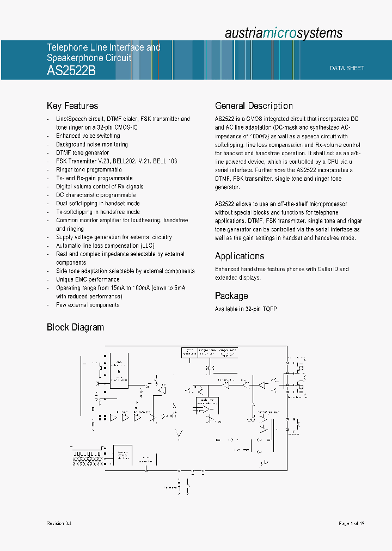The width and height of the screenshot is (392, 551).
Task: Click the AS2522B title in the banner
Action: (x=71, y=71)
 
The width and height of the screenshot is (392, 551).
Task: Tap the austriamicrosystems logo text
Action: (x=284, y=33)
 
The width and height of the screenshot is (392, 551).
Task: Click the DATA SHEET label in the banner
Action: (x=347, y=68)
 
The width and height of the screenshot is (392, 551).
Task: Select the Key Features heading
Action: (x=72, y=106)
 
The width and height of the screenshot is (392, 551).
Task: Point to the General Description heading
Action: (x=254, y=106)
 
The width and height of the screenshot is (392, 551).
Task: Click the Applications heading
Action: (x=240, y=256)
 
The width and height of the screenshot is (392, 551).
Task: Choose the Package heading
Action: (x=231, y=296)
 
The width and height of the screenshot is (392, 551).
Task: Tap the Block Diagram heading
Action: (x=75, y=327)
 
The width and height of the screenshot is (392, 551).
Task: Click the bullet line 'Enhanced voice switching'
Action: (x=88, y=136)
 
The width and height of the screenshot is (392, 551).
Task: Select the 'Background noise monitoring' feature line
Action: (x=92, y=144)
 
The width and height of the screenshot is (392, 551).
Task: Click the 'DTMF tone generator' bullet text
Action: (x=82, y=153)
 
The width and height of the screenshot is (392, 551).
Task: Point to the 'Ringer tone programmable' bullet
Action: (x=89, y=170)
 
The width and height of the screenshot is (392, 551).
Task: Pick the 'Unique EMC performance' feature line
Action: (x=88, y=279)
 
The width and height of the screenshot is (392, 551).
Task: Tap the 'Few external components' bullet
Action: (x=87, y=305)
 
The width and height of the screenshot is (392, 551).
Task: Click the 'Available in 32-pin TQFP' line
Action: (x=246, y=309)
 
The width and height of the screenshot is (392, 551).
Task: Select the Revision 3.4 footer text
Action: (x=59, y=523)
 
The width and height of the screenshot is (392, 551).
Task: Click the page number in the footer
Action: (x=351, y=523)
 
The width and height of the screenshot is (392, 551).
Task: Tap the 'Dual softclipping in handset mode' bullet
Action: (x=98, y=204)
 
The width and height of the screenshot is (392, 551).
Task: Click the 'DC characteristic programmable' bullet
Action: (x=96, y=195)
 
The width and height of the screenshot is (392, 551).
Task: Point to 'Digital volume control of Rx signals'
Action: (x=100, y=187)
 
